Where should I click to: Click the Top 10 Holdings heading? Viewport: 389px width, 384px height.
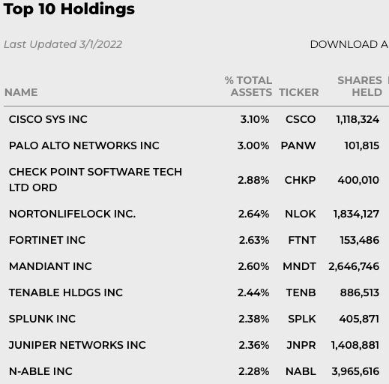click(x=69, y=10)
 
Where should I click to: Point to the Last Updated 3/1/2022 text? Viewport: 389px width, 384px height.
click(x=63, y=44)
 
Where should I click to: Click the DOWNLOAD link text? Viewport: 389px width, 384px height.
click(x=349, y=44)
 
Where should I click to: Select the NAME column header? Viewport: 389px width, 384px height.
click(x=21, y=92)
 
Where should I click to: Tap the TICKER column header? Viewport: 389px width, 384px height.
click(x=299, y=92)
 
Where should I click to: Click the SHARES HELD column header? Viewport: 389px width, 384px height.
click(x=360, y=86)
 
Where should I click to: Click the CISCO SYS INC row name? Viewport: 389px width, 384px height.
click(x=48, y=119)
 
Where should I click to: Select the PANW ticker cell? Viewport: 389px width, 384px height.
click(x=298, y=145)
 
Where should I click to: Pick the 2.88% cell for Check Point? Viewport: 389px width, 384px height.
click(x=253, y=180)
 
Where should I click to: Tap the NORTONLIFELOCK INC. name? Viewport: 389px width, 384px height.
click(x=72, y=214)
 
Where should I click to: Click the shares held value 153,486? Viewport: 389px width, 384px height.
click(x=360, y=240)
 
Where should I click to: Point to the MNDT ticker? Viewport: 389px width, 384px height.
click(x=299, y=266)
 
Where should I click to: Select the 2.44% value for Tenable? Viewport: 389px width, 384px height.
click(x=253, y=292)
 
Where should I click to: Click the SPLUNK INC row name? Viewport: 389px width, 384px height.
click(x=42, y=319)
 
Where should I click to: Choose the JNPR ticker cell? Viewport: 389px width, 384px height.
click(x=301, y=345)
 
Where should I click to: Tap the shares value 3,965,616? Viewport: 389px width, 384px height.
click(x=355, y=371)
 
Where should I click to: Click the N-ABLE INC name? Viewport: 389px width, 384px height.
click(x=40, y=371)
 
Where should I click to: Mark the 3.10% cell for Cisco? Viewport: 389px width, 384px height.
click(x=255, y=119)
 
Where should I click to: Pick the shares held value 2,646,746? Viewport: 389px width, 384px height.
click(x=354, y=266)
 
